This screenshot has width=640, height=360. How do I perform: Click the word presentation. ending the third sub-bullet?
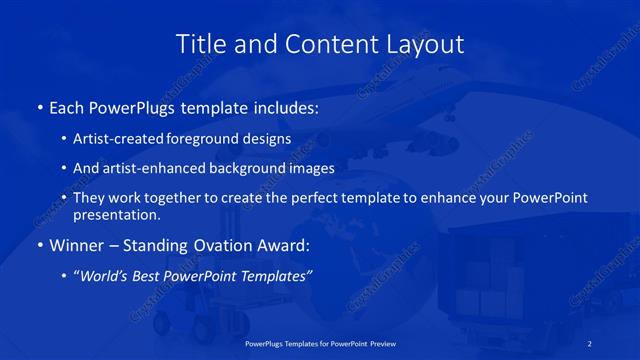coord(116,214)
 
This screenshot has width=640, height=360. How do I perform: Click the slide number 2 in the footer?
coord(590,344)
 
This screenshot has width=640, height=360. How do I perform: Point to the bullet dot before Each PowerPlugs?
coord(39,106)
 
